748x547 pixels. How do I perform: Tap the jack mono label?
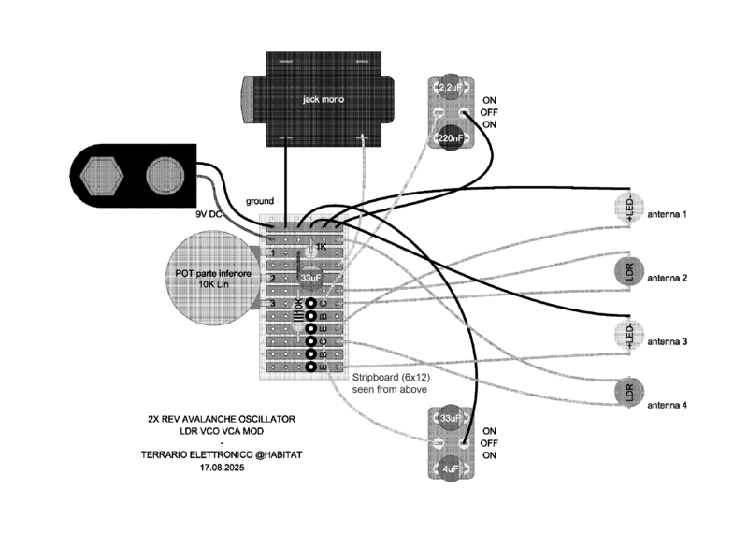[x=320, y=98]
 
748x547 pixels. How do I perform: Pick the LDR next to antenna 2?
[x=629, y=272]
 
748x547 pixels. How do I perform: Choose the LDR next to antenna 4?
[x=629, y=394]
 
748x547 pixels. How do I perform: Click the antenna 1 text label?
[x=668, y=214]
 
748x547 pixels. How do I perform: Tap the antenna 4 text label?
[x=668, y=405]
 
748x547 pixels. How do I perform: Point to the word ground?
[x=260, y=201]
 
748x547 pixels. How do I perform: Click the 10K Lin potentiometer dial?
[x=209, y=277]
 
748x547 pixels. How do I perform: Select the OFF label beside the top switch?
[x=490, y=112]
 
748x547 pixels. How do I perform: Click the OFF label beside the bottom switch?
[x=490, y=443]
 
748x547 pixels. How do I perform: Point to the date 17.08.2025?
[x=221, y=467]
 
